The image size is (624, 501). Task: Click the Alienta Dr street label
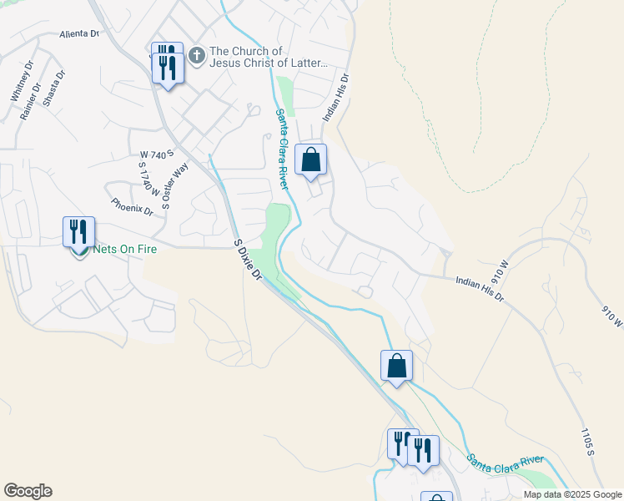pyautogui.click(x=79, y=34)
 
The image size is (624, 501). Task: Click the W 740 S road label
pyautogui.click(x=156, y=154)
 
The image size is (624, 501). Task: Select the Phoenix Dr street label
pyautogui.click(x=132, y=206)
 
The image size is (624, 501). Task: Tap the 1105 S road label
pyautogui.click(x=586, y=441)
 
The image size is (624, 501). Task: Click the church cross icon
pyautogui.click(x=196, y=56)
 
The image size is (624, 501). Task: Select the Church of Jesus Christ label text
pyautogui.click(x=269, y=57)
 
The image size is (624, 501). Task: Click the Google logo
pyautogui.click(x=28, y=491)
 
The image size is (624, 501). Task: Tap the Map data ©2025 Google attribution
pyautogui.click(x=571, y=494)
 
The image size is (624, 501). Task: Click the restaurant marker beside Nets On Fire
pyautogui.click(x=79, y=233)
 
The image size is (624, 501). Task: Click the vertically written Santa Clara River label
pyautogui.click(x=284, y=149)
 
